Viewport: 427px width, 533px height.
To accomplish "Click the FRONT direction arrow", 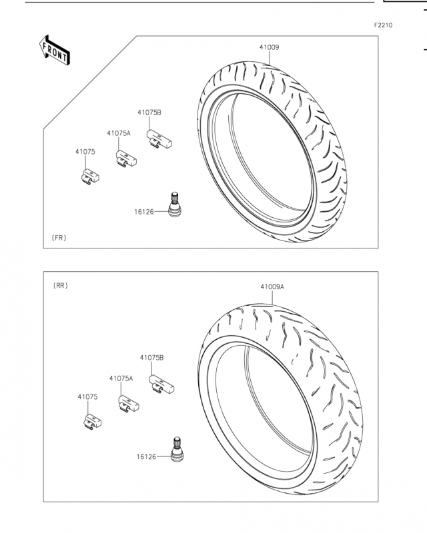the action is pyautogui.click(x=55, y=50).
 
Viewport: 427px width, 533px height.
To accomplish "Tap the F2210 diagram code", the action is pyautogui.click(x=383, y=25).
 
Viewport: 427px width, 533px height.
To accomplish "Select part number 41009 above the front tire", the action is pyautogui.click(x=270, y=47).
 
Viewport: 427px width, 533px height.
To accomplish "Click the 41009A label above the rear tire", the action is pyautogui.click(x=272, y=286).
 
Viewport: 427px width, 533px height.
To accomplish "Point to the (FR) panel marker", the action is pyautogui.click(x=59, y=238).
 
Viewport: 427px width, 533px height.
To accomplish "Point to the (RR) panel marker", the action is pyautogui.click(x=61, y=286).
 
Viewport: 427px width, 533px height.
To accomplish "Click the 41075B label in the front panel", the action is pyautogui.click(x=149, y=113).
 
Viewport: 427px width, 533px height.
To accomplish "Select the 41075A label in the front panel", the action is pyautogui.click(x=119, y=133).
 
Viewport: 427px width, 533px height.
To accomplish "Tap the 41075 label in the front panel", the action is pyautogui.click(x=85, y=152).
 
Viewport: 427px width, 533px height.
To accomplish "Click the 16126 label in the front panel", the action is pyautogui.click(x=144, y=212).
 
